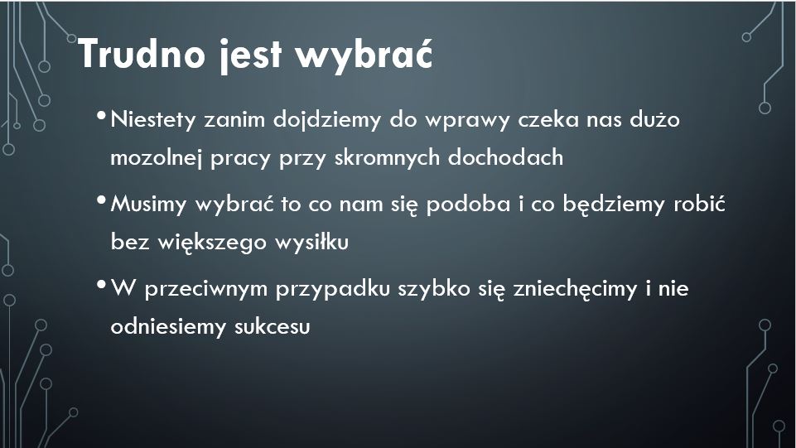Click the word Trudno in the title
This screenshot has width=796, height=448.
[142, 53]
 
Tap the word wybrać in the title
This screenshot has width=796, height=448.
[364, 53]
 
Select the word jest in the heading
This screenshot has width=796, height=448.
[251, 55]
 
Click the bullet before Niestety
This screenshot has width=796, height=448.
[101, 116]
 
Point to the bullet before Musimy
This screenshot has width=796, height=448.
[101, 200]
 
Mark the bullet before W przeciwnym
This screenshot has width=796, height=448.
[101, 285]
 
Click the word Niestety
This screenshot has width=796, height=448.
[152, 120]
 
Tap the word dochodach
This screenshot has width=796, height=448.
[505, 157]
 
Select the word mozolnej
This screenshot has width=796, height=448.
[156, 158]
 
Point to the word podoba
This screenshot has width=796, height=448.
[468, 205]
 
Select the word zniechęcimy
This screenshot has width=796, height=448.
[575, 289]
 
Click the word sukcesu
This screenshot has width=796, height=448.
[273, 326]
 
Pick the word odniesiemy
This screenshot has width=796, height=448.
[168, 327]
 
